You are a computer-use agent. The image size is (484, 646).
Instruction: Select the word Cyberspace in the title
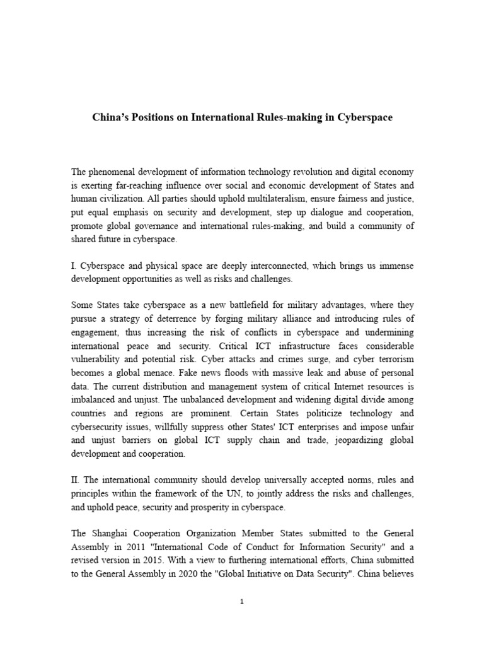click(364, 118)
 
